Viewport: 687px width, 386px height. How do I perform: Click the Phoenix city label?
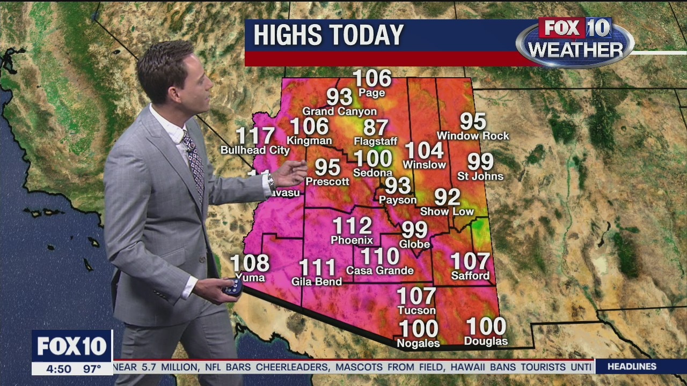click(x=352, y=240)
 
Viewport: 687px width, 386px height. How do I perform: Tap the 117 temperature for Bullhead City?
click(x=255, y=136)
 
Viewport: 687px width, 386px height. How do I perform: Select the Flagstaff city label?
click(x=376, y=142)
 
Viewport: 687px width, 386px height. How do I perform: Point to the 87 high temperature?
click(x=376, y=128)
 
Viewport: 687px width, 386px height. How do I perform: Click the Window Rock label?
click(x=473, y=136)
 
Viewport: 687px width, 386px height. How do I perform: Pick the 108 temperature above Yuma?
click(x=250, y=263)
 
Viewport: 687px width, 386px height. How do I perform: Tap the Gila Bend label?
click(x=316, y=281)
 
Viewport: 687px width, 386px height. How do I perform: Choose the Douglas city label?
click(x=486, y=341)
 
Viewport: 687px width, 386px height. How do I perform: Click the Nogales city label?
click(x=418, y=343)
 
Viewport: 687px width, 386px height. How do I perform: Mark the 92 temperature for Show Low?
click(x=447, y=197)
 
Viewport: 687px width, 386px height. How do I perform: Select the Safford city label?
click(x=470, y=276)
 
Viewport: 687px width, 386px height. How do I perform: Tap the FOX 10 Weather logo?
click(x=575, y=42)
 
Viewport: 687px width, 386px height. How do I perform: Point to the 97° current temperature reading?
click(x=92, y=369)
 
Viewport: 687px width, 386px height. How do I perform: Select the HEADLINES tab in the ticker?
click(x=632, y=367)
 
